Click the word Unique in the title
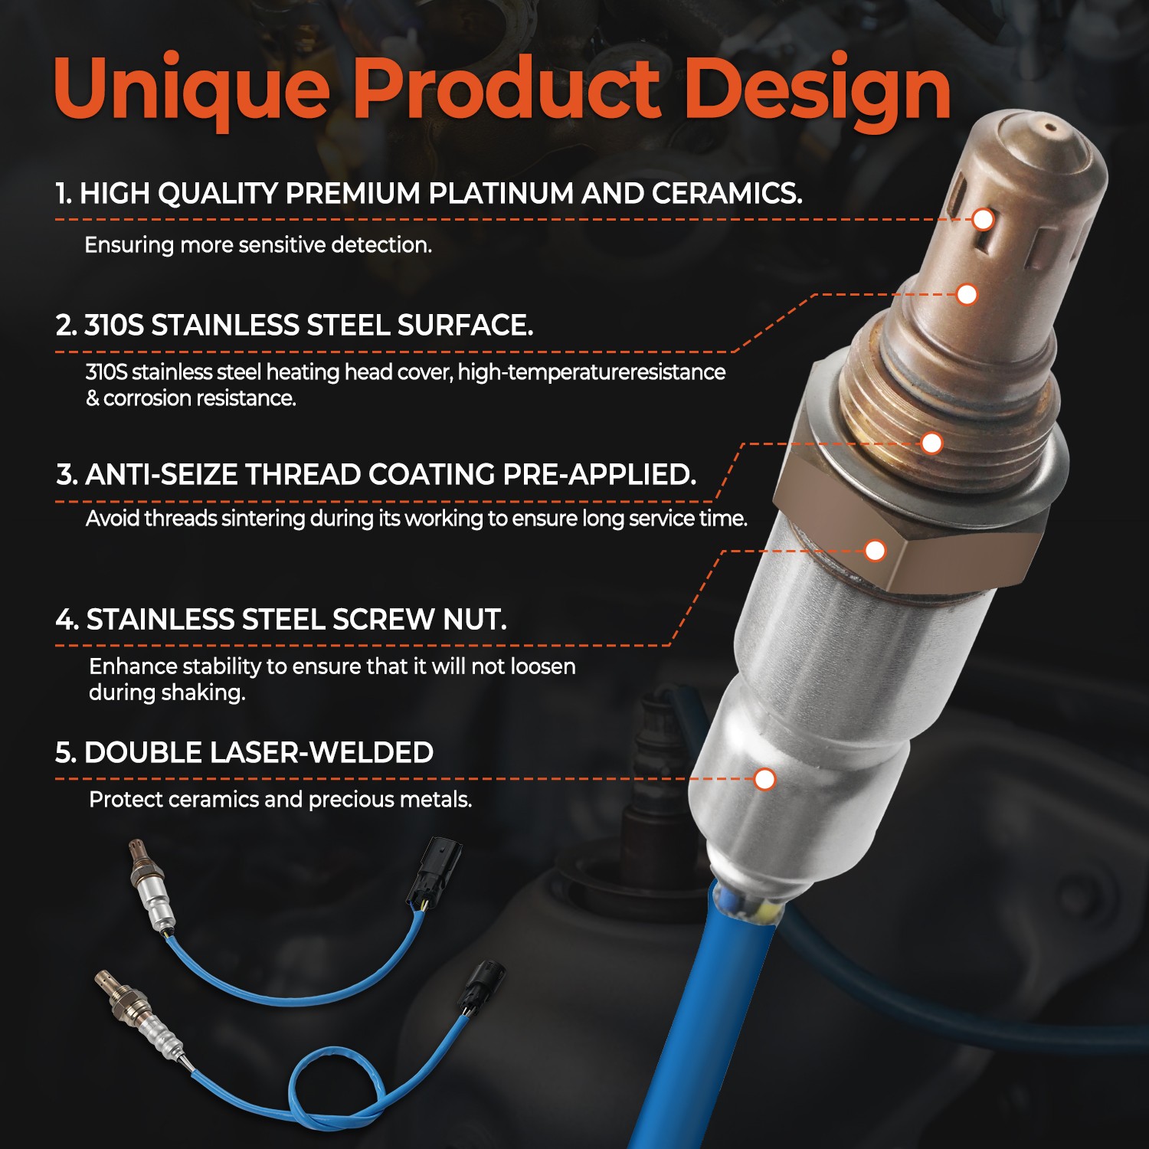click(x=191, y=90)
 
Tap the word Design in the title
click(x=817, y=91)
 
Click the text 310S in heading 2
click(x=113, y=326)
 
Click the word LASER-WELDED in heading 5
click(x=322, y=753)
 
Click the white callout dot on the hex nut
click(x=875, y=550)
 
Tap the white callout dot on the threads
click(x=931, y=443)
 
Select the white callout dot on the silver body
click(x=764, y=779)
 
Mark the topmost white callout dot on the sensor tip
click(x=983, y=220)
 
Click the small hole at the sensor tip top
click(x=1050, y=129)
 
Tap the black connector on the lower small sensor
click(x=482, y=985)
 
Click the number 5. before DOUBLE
click(x=65, y=753)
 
